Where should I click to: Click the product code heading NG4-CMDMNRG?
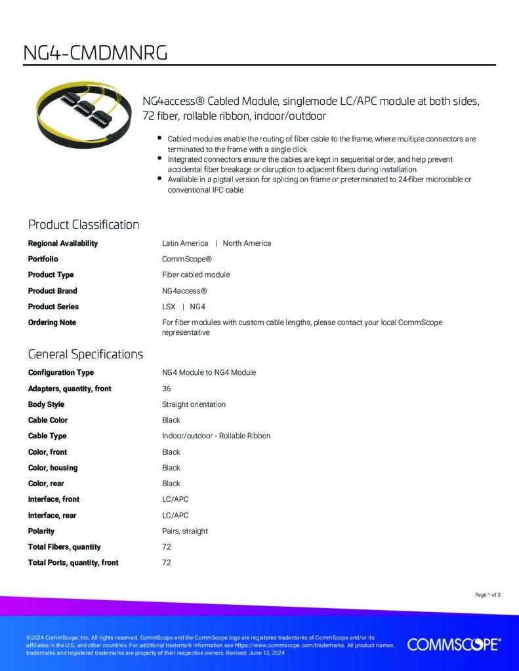click(x=95, y=53)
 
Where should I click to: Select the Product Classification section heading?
click(x=83, y=225)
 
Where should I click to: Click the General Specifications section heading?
click(x=85, y=355)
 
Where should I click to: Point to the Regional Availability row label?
click(x=63, y=243)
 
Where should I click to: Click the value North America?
click(x=247, y=243)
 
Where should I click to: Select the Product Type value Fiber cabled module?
click(x=196, y=275)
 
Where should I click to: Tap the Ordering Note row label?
click(x=52, y=322)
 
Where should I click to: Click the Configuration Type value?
click(x=209, y=372)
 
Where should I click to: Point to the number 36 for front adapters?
click(x=166, y=389)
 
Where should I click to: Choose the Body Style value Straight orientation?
click(x=194, y=404)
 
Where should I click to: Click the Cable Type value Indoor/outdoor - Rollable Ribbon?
click(x=216, y=436)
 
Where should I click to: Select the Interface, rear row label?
click(x=53, y=515)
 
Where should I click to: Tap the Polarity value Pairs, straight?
click(x=185, y=531)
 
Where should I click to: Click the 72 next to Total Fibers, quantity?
click(x=166, y=546)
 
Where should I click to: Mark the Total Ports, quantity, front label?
click(x=73, y=562)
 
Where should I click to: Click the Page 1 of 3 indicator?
click(x=488, y=595)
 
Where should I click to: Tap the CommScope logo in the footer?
click(x=453, y=644)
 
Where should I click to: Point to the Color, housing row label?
click(x=52, y=467)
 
